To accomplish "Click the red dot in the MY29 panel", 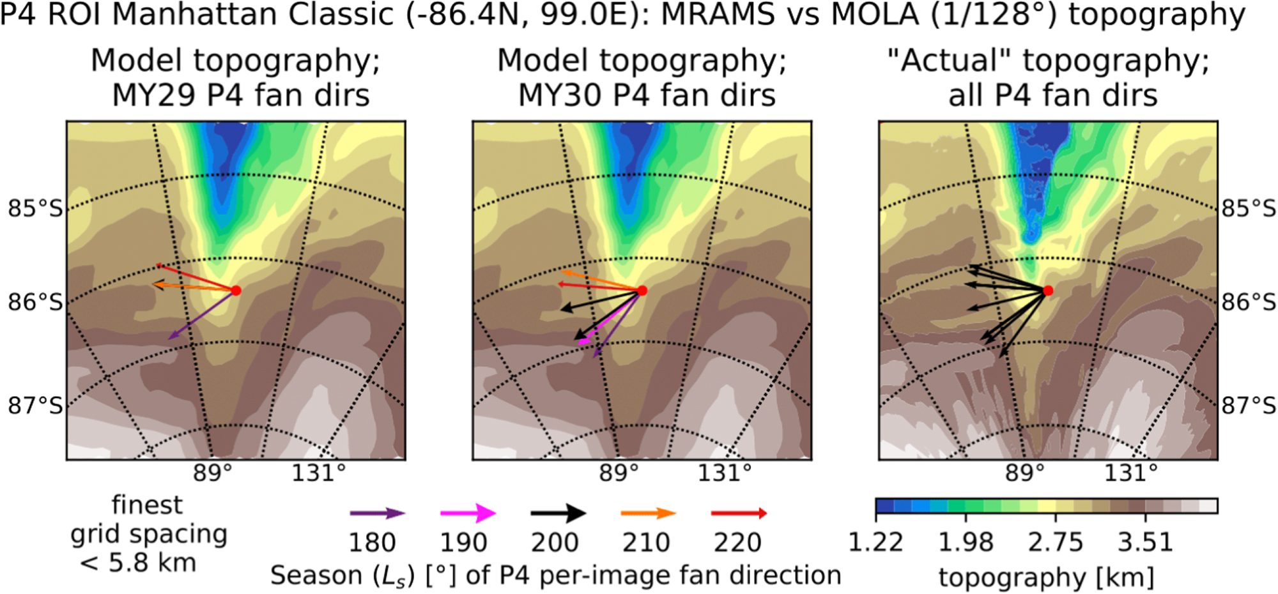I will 236,291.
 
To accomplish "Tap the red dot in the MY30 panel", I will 642,291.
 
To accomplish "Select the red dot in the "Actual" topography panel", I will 1048,291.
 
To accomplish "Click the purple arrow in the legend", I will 377,513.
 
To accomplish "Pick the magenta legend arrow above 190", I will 468,513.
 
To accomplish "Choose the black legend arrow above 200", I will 558,513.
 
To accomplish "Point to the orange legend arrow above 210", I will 648,513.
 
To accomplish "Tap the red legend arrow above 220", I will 739,513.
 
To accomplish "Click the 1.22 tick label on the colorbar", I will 875,542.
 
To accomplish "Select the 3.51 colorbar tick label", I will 1145,542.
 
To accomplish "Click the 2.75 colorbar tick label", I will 1055,542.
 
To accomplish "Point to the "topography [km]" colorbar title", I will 1046,577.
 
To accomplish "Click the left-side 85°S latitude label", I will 35,208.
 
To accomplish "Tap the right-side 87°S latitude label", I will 1249,405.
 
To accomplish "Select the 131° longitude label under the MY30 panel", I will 724,473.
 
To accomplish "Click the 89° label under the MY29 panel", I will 213,473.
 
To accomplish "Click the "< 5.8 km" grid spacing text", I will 137,563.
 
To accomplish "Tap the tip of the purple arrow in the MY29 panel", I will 169,339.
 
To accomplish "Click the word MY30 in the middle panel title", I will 560,95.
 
